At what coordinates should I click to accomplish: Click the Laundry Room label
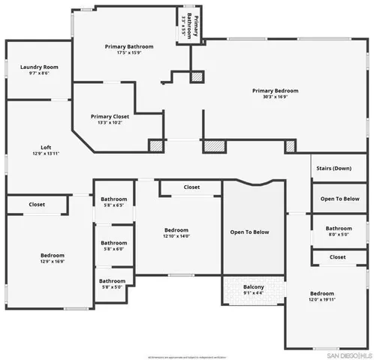(x=39, y=67)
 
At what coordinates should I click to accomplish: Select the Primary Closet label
(x=110, y=116)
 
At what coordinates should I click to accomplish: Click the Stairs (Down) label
(x=332, y=168)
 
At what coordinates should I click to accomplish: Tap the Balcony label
(x=253, y=286)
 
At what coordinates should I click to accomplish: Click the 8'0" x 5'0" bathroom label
(x=338, y=235)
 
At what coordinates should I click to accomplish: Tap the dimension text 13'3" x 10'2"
(x=110, y=122)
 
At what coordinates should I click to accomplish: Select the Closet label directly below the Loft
(x=37, y=204)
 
